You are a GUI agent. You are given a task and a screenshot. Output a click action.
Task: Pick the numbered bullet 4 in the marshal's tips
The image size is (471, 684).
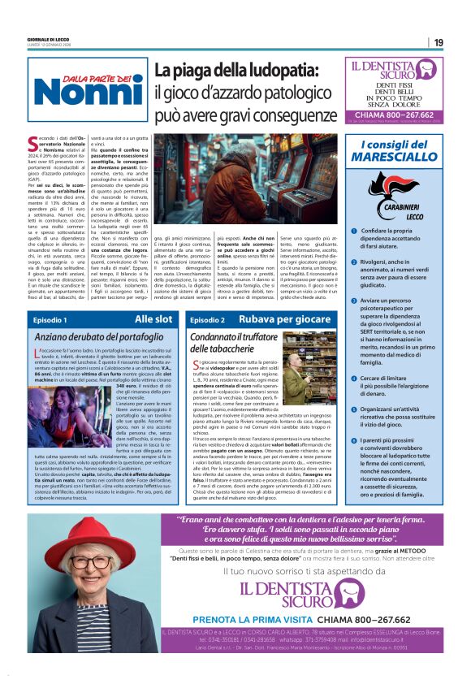tap(354, 356)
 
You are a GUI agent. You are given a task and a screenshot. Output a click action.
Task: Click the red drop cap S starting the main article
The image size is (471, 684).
tap(41, 143)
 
